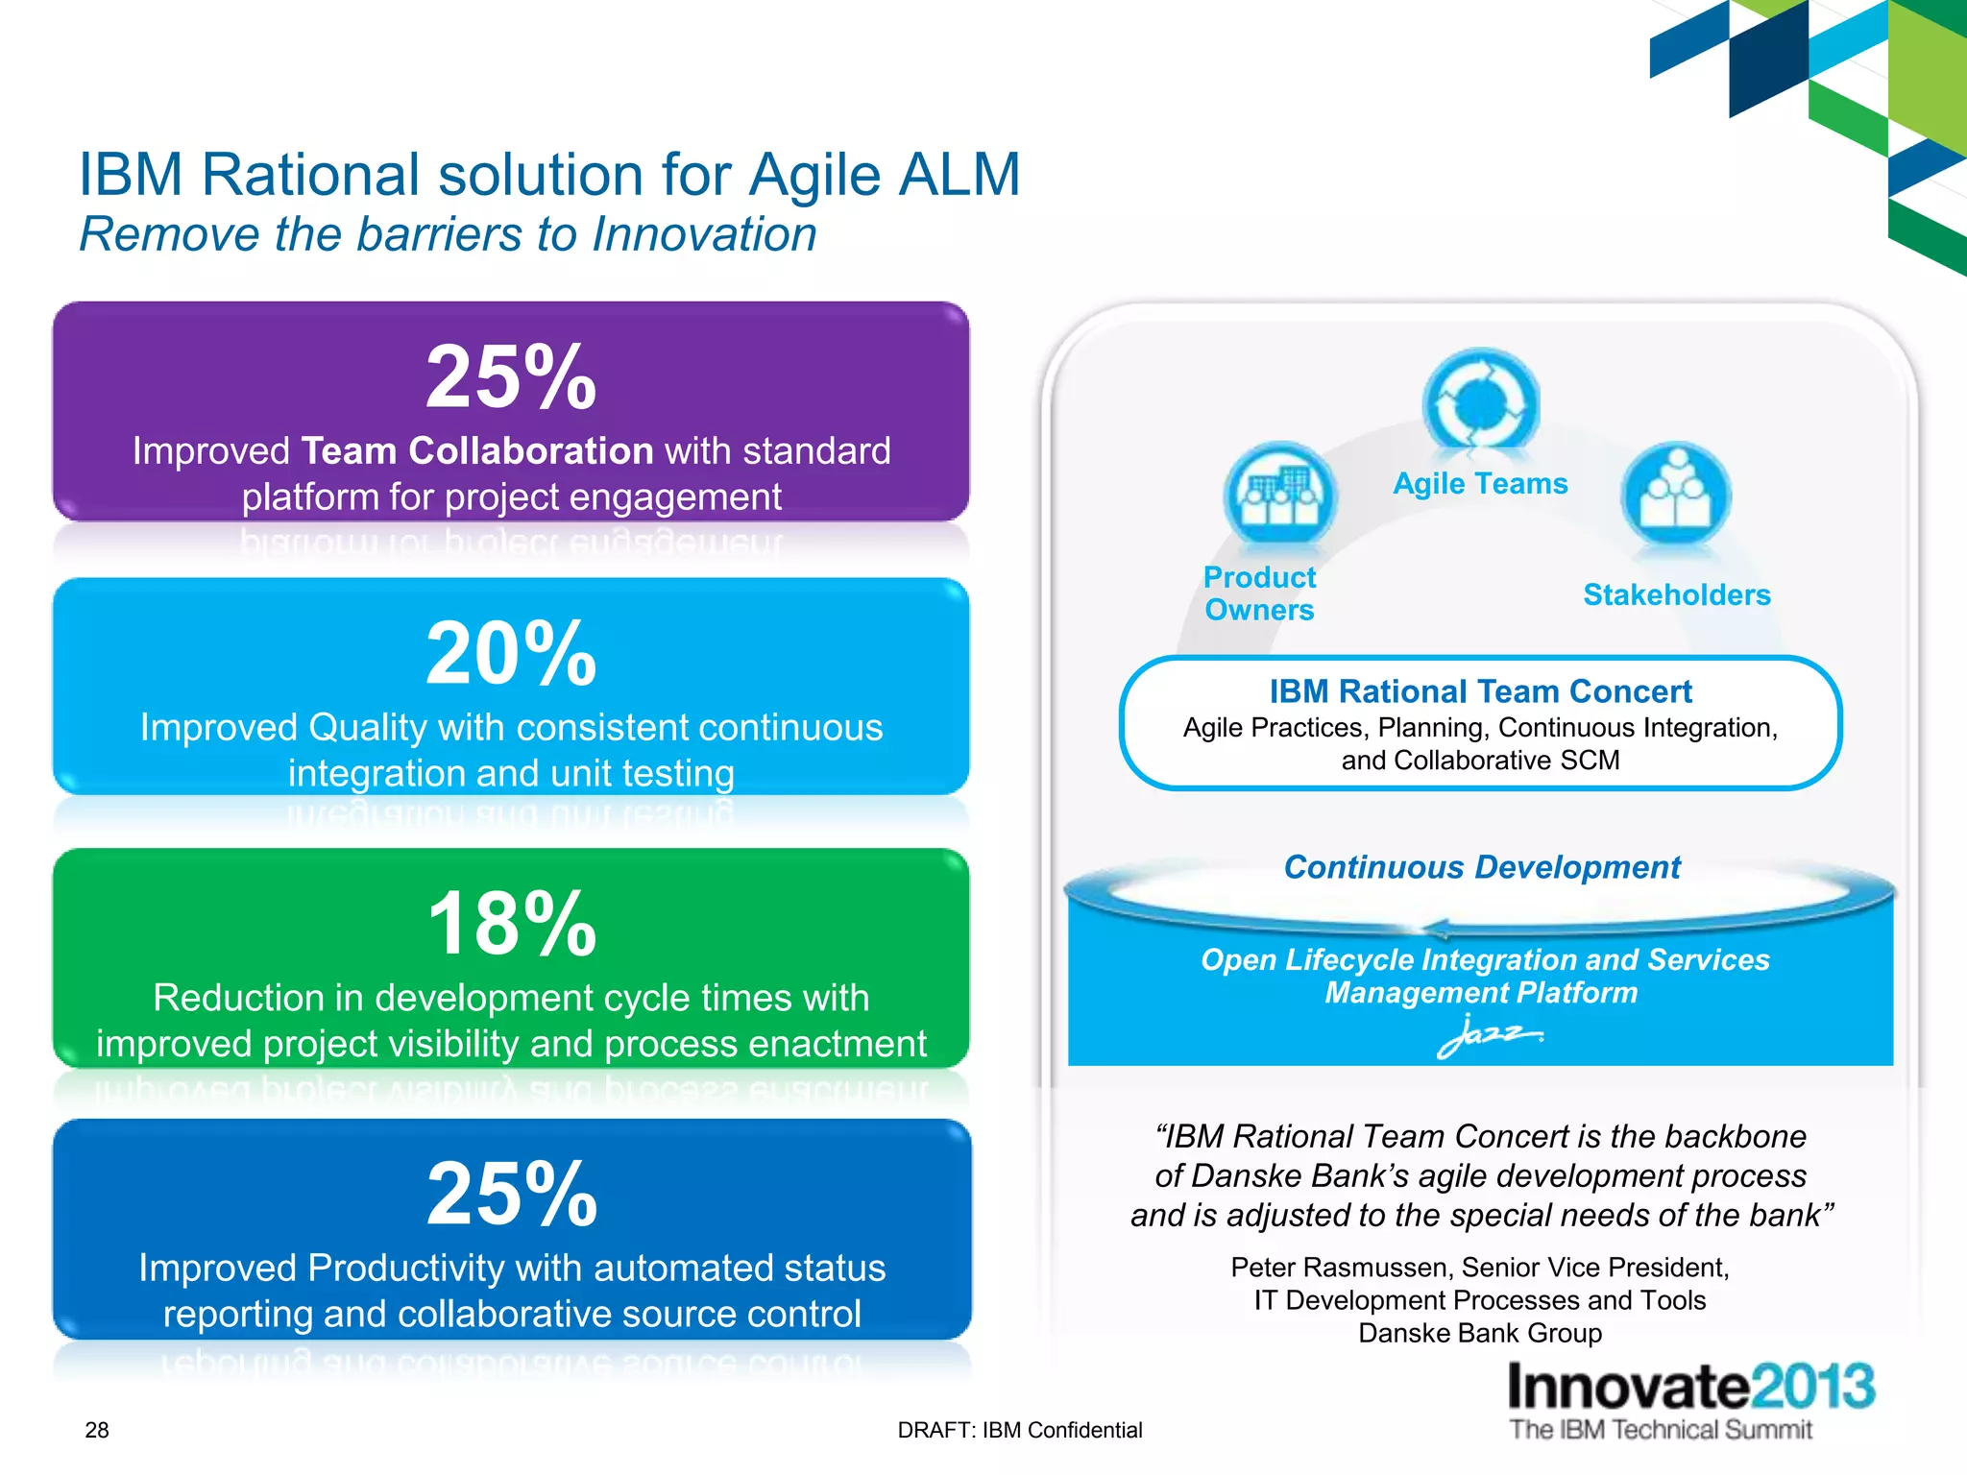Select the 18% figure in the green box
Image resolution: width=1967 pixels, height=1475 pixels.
click(512, 924)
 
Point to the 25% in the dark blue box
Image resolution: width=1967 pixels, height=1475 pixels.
click(512, 1195)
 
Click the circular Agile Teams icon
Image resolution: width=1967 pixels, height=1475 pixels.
click(1480, 403)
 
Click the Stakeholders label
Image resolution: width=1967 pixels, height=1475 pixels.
click(1676, 594)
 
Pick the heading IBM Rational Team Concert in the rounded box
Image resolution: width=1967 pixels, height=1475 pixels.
click(1480, 691)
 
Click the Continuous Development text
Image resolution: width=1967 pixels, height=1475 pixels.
click(1481, 867)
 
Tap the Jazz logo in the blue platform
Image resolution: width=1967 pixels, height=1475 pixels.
click(1488, 1035)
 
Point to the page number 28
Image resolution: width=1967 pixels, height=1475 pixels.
click(97, 1430)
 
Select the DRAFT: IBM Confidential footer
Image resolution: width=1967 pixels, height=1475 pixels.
click(1019, 1430)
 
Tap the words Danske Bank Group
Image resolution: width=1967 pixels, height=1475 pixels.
click(1480, 1333)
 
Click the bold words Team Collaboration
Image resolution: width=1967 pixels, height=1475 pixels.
click(477, 451)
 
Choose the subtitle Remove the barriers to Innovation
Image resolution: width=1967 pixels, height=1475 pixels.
click(448, 234)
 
